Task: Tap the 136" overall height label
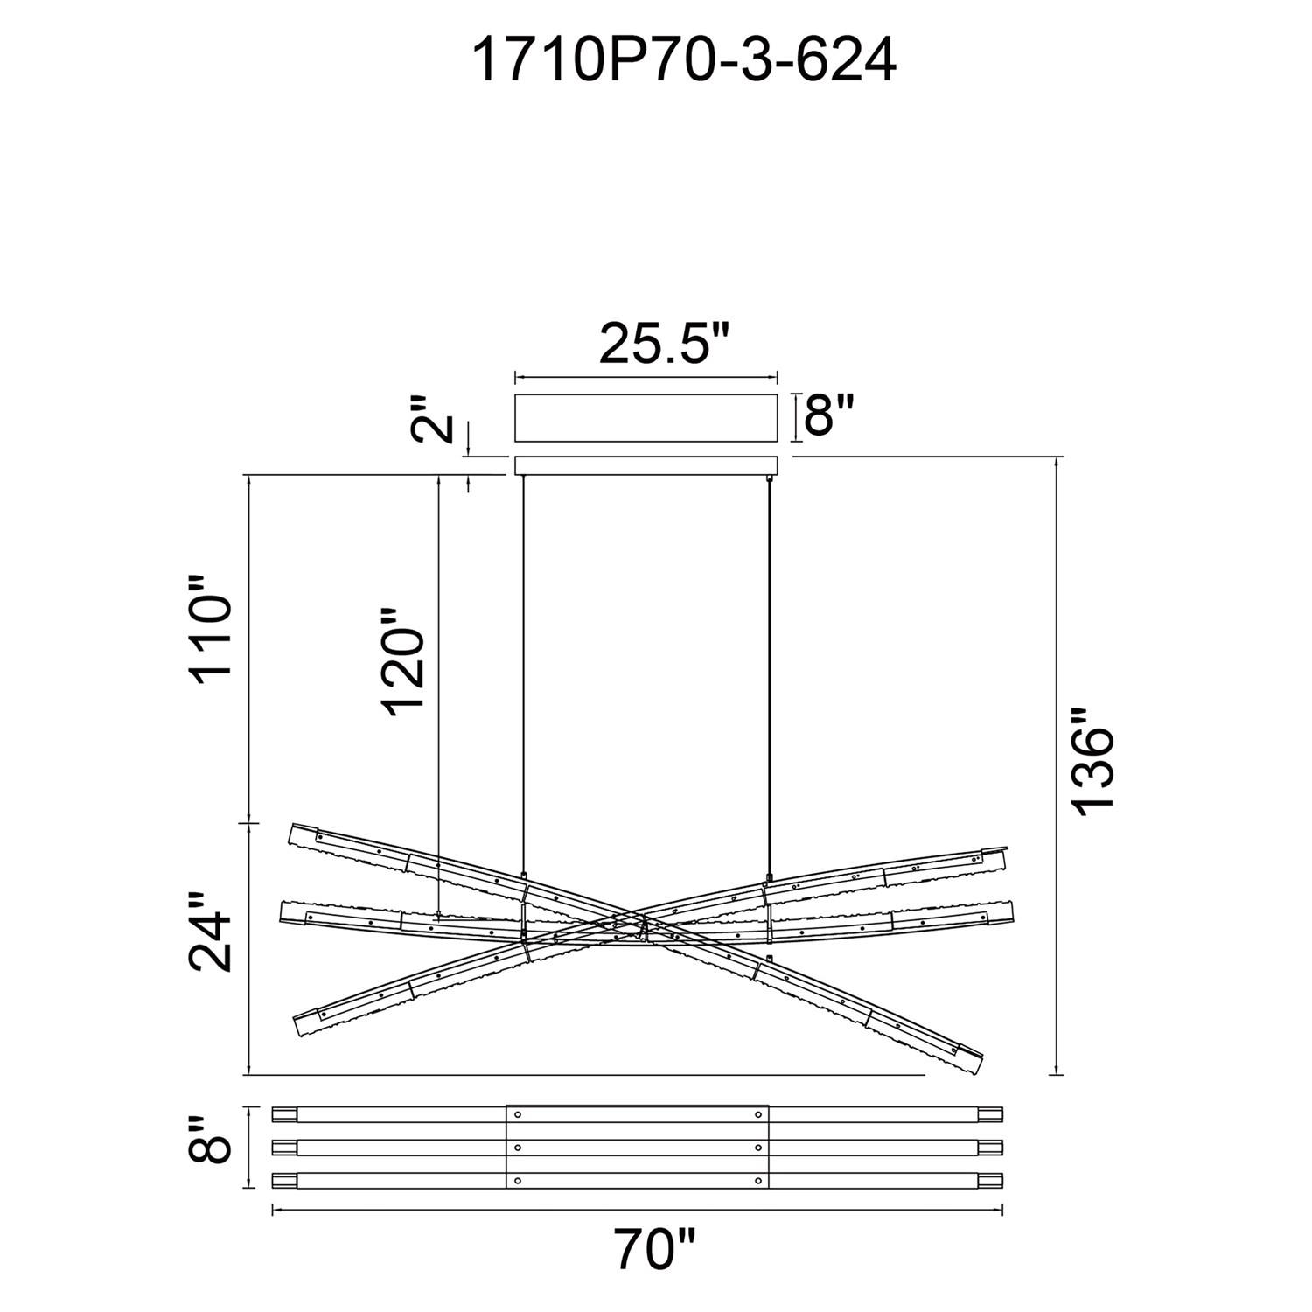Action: click(1093, 762)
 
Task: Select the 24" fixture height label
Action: click(211, 932)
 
